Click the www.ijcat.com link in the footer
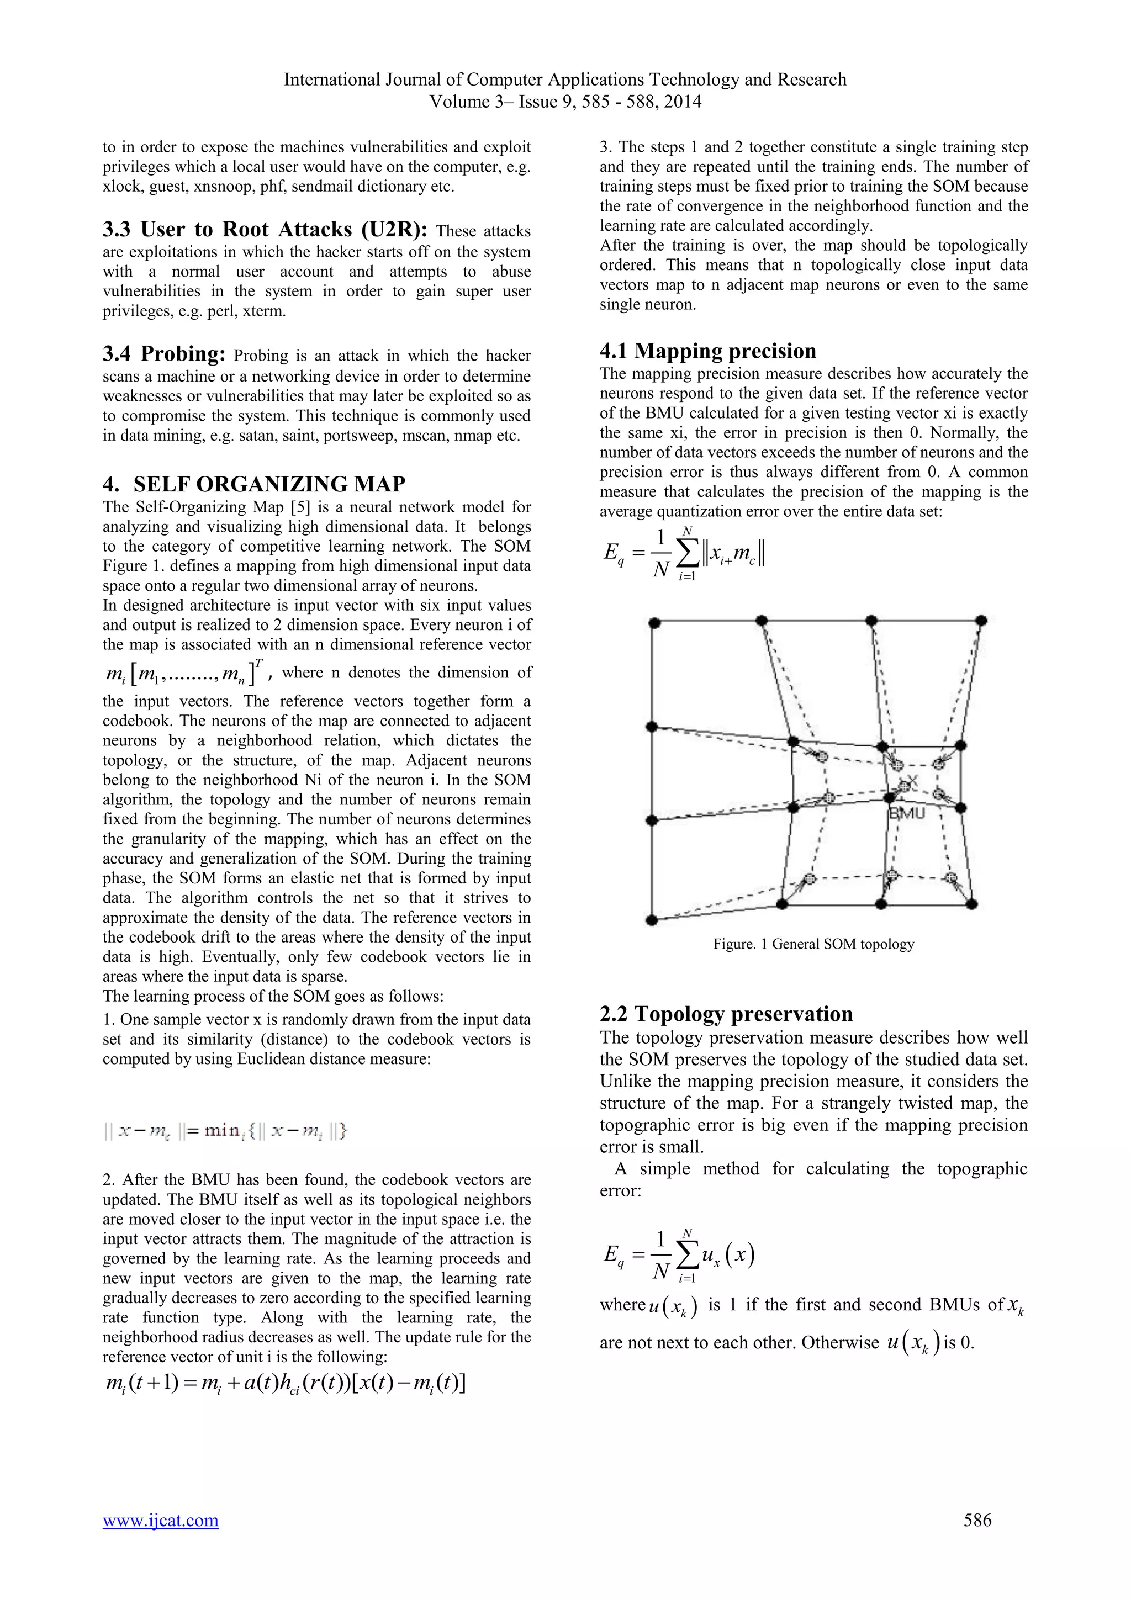pyautogui.click(x=160, y=1519)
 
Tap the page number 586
pyautogui.click(x=977, y=1519)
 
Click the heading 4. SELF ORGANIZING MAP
pyautogui.click(x=254, y=484)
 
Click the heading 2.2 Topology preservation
pyautogui.click(x=726, y=1013)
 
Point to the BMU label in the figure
pyautogui.click(x=907, y=813)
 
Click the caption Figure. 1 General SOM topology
pyautogui.click(x=813, y=944)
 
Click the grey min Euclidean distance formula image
pyautogui.click(x=225, y=1130)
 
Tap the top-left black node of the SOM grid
pyautogui.click(x=653, y=621)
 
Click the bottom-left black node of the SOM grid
pyautogui.click(x=652, y=920)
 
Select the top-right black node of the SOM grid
pyautogui.click(x=981, y=620)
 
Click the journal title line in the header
pyautogui.click(x=565, y=80)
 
